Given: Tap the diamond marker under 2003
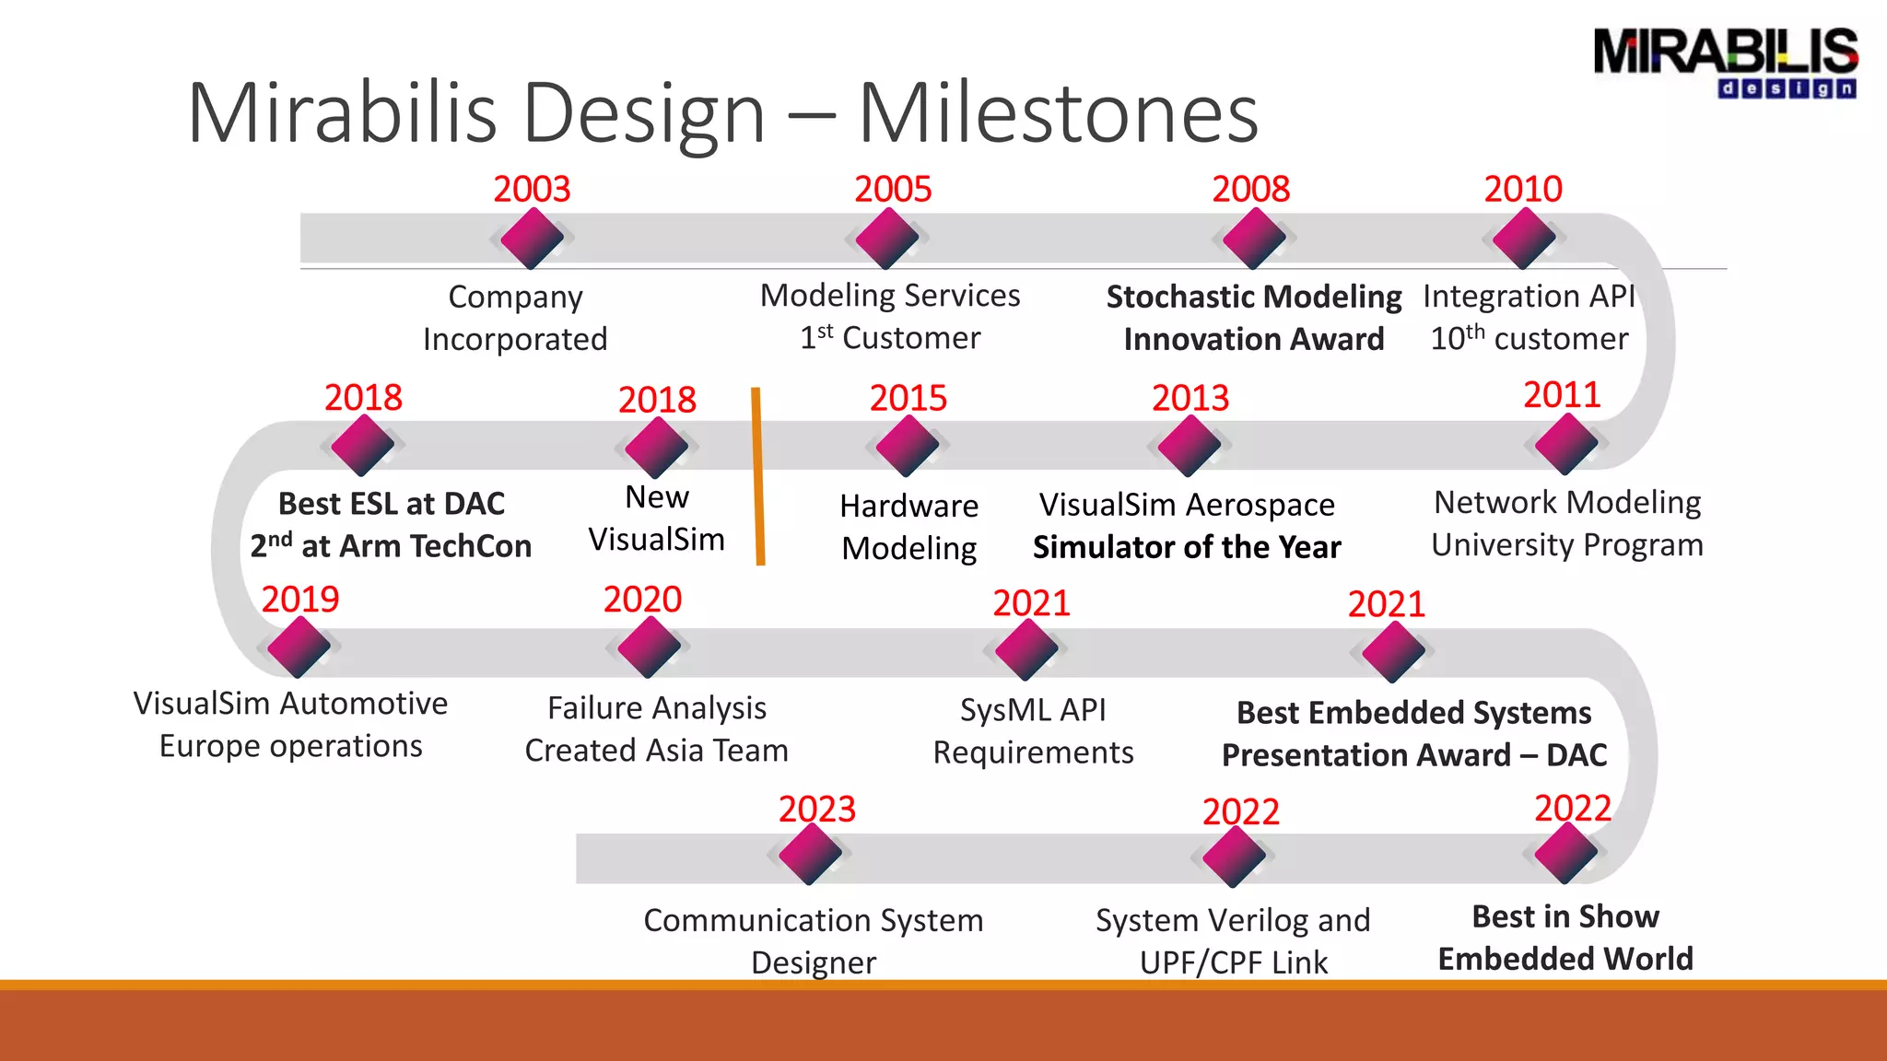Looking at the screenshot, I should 532,239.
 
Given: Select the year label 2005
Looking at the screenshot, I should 893,189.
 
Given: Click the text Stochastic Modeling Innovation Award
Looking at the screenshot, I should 1253,318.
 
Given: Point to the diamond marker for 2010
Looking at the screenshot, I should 1523,239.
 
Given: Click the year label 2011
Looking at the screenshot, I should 1562,395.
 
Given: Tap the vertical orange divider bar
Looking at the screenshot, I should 757,475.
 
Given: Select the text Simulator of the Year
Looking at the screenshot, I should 1187,547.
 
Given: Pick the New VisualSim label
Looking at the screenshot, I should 656,518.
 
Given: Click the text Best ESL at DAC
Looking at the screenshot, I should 392,504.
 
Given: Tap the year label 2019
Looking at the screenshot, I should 300,600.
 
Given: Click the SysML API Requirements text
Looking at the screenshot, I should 1033,730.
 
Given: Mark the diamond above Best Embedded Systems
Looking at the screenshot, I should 1392,652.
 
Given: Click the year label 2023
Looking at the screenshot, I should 817,810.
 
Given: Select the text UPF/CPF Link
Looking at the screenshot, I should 1233,962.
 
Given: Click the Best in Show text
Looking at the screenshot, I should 1565,916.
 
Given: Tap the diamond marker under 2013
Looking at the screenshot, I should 1189,446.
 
